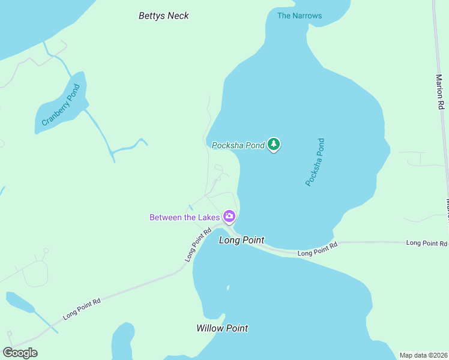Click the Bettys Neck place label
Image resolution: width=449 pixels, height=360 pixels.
[163, 16]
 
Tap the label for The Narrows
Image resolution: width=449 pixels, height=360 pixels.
[299, 16]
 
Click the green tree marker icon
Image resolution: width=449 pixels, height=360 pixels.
[274, 144]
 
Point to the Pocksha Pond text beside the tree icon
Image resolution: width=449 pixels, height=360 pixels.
[238, 145]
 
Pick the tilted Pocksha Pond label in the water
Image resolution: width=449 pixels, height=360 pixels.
[315, 162]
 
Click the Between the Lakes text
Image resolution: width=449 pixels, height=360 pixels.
[185, 217]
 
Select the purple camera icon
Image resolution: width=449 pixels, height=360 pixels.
[229, 216]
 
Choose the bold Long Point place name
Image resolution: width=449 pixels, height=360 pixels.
[241, 240]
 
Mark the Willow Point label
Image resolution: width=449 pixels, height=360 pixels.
[222, 328]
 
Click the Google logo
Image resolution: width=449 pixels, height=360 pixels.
[20, 353]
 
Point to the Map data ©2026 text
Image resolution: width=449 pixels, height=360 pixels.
[423, 355]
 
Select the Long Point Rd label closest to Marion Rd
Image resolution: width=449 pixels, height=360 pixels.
[427, 243]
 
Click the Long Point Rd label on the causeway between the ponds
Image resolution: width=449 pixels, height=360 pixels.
[318, 250]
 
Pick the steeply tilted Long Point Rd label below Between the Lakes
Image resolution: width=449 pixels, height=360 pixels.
[199, 245]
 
